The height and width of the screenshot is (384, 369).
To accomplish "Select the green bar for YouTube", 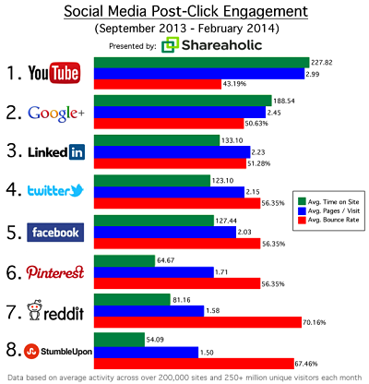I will pyautogui.click(x=212, y=62).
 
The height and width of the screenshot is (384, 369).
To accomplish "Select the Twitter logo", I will pyautogui.click(x=58, y=191).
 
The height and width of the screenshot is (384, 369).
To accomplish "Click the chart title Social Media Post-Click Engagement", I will pyautogui.click(x=184, y=12).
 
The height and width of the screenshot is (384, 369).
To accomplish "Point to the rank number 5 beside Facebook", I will pyautogui.click(x=14, y=232).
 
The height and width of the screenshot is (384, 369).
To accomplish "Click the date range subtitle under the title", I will pyautogui.click(x=184, y=28).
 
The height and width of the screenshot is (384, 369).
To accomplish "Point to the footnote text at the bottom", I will pyautogui.click(x=184, y=378).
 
